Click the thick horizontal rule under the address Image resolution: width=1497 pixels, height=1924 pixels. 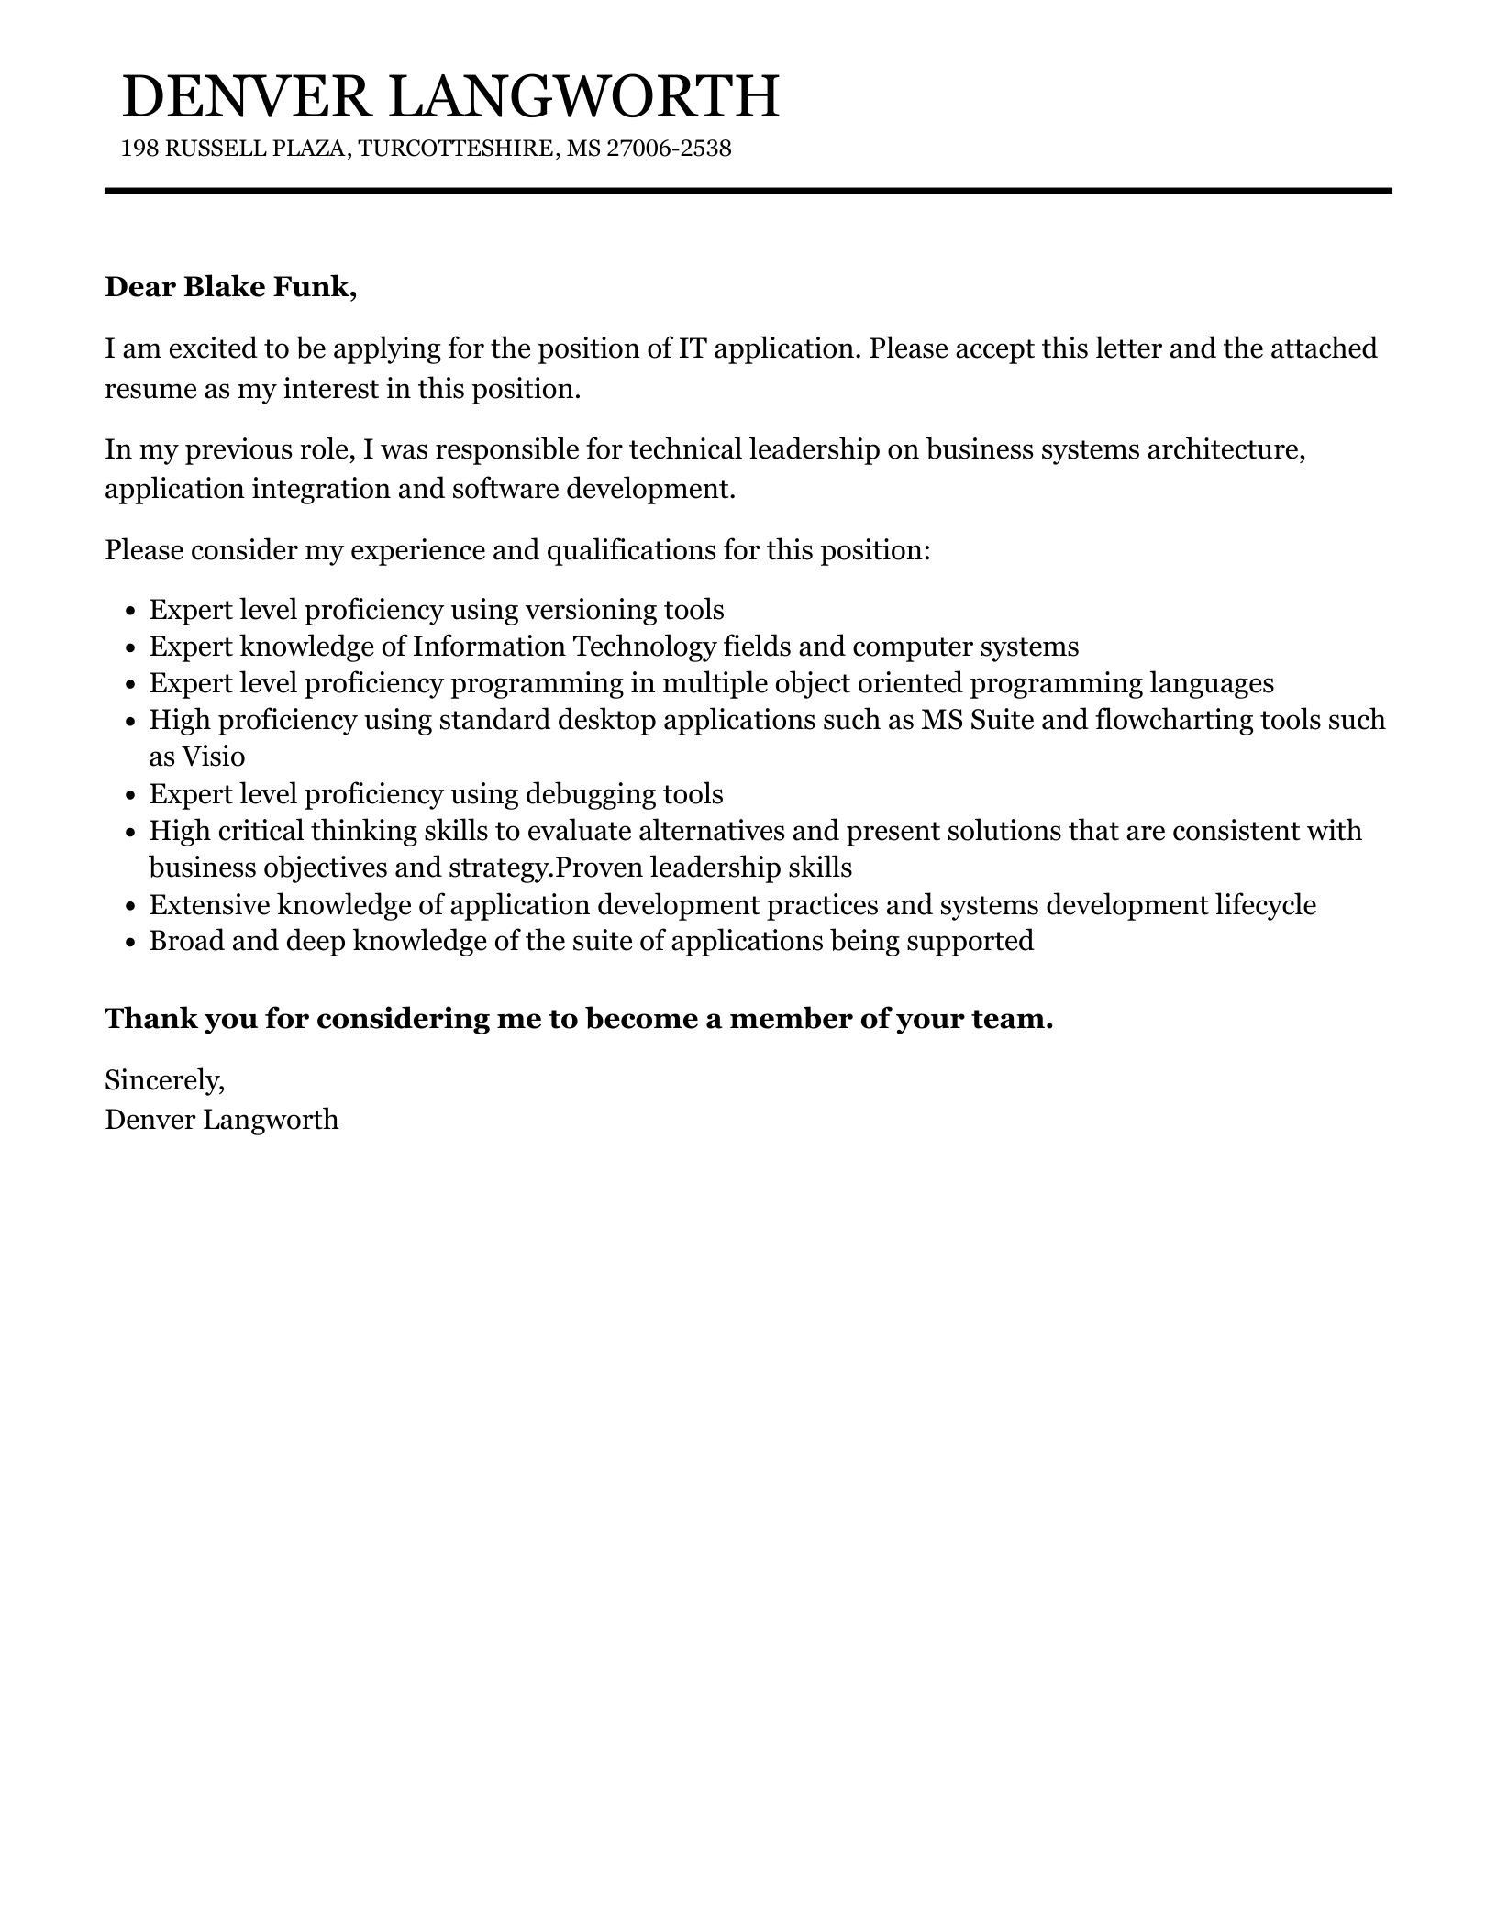(748, 191)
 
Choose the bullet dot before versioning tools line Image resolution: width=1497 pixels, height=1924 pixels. (130, 612)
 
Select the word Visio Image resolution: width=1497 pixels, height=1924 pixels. (214, 757)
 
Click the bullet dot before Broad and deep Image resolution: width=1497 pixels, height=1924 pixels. (130, 942)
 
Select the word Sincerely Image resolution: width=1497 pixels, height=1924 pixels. (164, 1080)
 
